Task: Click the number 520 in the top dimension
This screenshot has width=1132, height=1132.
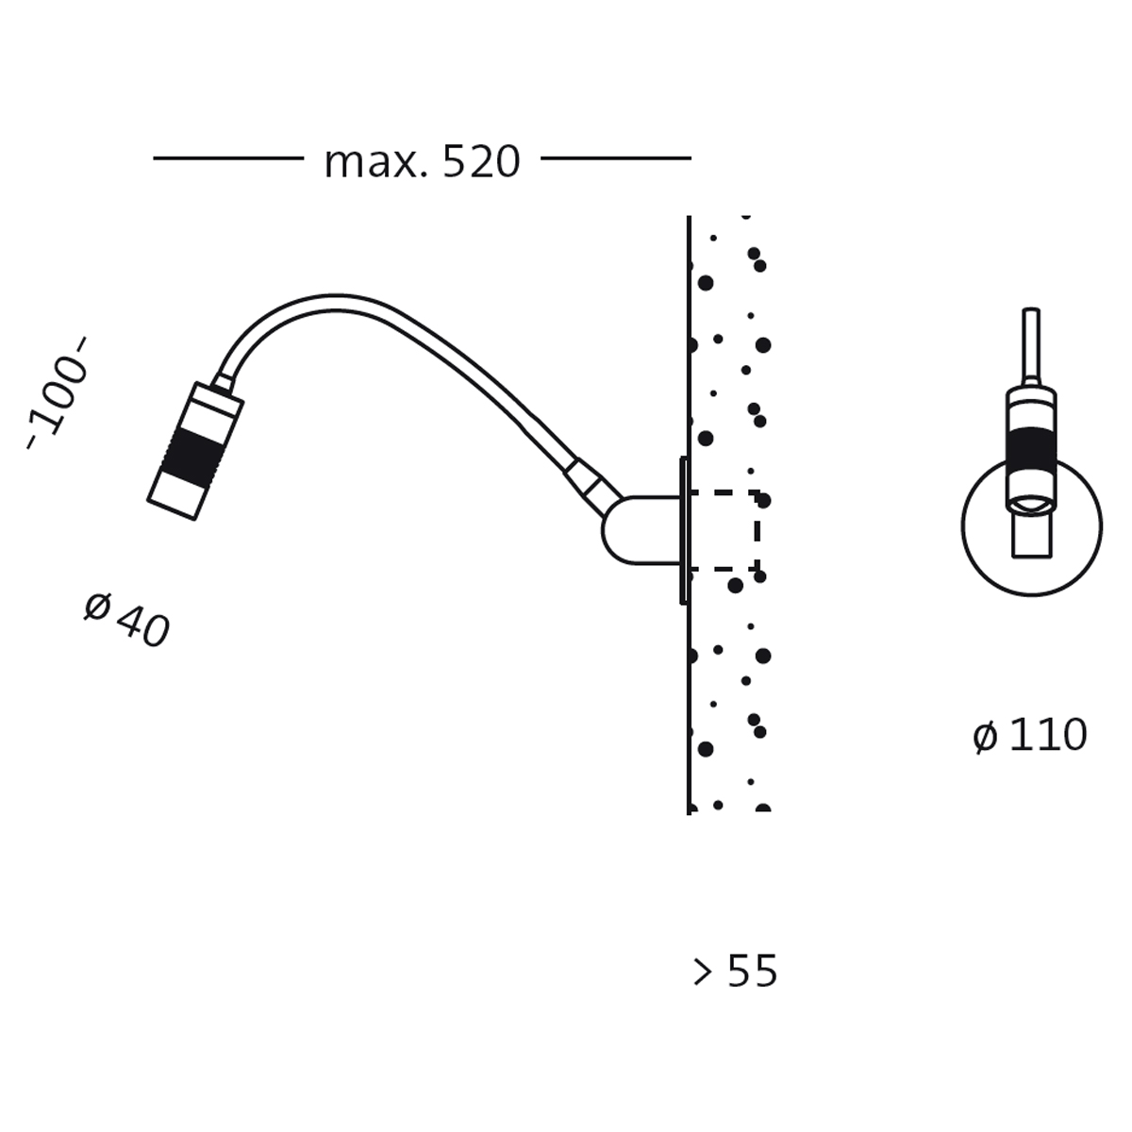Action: pyautogui.click(x=481, y=161)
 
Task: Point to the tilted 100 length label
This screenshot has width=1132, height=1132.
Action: pyautogui.click(x=57, y=393)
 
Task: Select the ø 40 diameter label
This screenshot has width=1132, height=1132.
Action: pyautogui.click(x=127, y=621)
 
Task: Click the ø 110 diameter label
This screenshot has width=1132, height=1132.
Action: pyautogui.click(x=1030, y=735)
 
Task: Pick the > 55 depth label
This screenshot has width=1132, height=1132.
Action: pyautogui.click(x=735, y=971)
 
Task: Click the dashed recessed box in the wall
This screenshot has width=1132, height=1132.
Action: pyautogui.click(x=757, y=530)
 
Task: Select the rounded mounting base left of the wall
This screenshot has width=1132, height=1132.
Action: pyautogui.click(x=641, y=530)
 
